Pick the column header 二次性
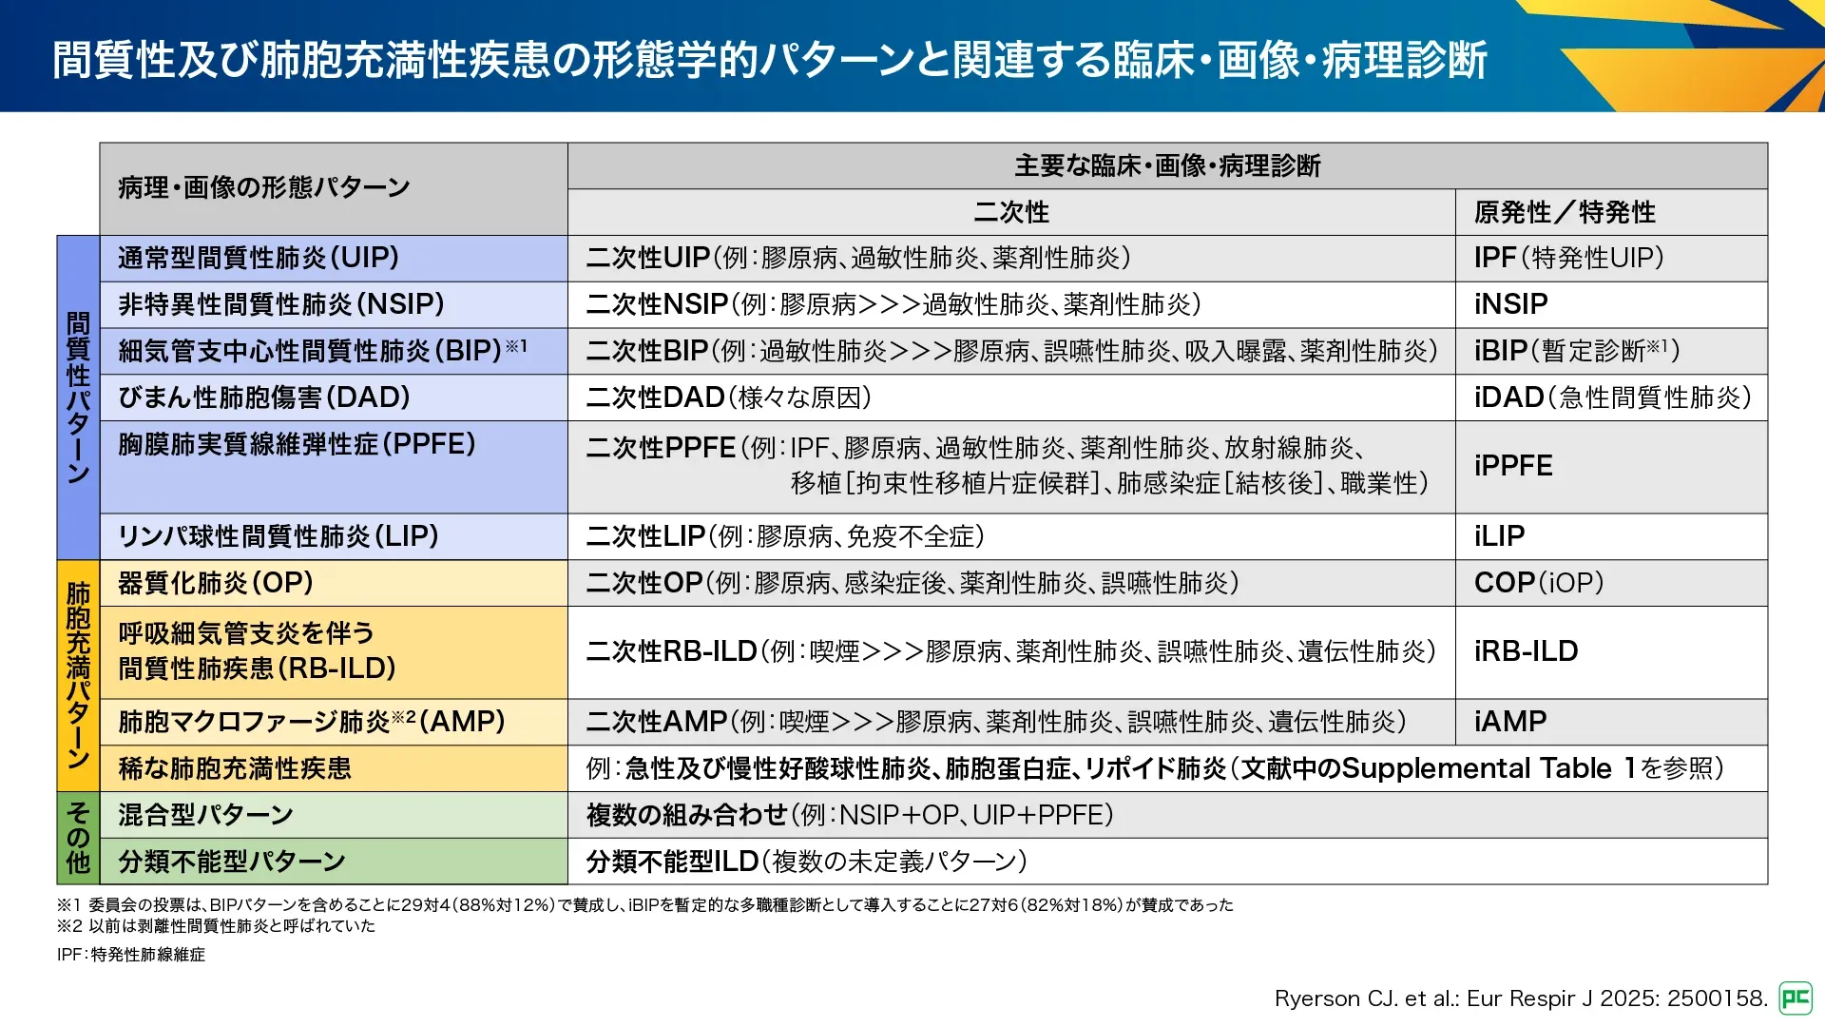(1011, 212)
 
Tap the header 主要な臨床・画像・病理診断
(1167, 166)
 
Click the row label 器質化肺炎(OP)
(216, 583)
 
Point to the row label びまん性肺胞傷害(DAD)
(264, 397)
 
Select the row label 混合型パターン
(205, 815)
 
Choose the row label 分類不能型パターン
(232, 862)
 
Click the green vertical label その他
(78, 838)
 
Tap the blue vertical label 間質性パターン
(78, 397)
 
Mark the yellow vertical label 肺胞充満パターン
(78, 675)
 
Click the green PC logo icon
(1796, 998)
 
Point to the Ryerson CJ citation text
(1521, 998)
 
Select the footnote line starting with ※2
(216, 926)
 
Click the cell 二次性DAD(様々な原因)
(729, 397)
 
